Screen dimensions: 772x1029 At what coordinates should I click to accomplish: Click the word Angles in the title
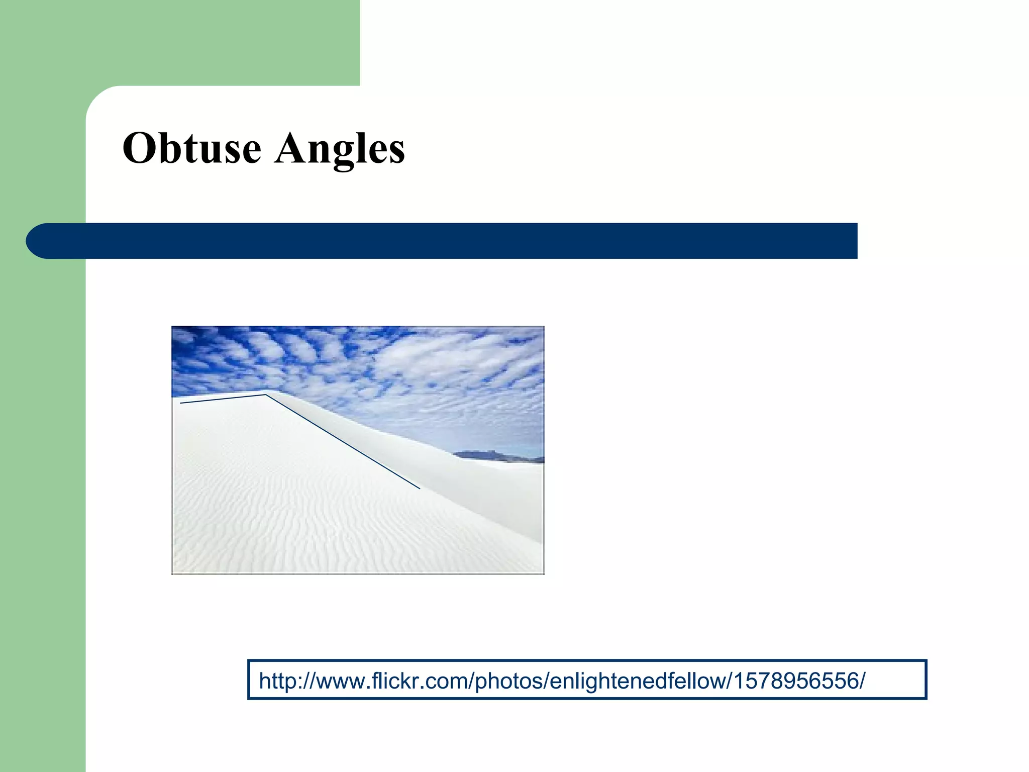click(x=340, y=149)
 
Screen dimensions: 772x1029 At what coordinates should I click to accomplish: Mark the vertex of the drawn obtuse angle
click(x=265, y=395)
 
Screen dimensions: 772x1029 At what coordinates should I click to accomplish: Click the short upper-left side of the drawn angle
click(x=223, y=399)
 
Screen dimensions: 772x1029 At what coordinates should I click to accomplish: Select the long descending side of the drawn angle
click(x=343, y=441)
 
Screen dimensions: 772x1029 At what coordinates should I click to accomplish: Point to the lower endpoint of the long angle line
click(x=419, y=488)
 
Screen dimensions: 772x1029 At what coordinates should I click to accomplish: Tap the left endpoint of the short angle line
click(x=181, y=403)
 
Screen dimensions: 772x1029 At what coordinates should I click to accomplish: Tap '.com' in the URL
click(x=437, y=682)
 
